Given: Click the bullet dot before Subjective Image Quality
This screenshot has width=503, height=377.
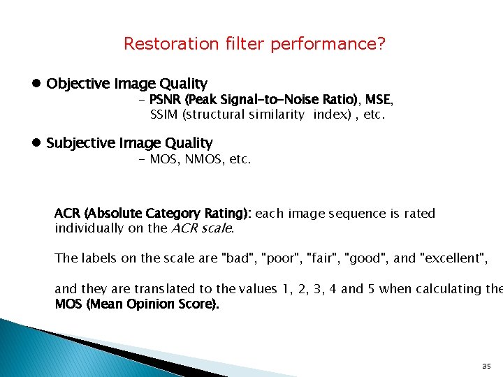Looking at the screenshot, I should coord(36,143).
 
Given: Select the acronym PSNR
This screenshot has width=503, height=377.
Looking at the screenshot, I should coord(165,99).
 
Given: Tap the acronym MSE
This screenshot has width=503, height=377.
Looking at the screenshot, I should coord(378,99).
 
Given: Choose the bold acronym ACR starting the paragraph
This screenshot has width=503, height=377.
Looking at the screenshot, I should coord(67,213).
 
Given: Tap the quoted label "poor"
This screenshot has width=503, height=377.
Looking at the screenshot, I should coord(279,258).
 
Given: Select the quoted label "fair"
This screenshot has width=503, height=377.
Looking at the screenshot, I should coord(323,258).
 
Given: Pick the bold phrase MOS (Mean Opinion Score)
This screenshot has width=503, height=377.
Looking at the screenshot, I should coord(137,304).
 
